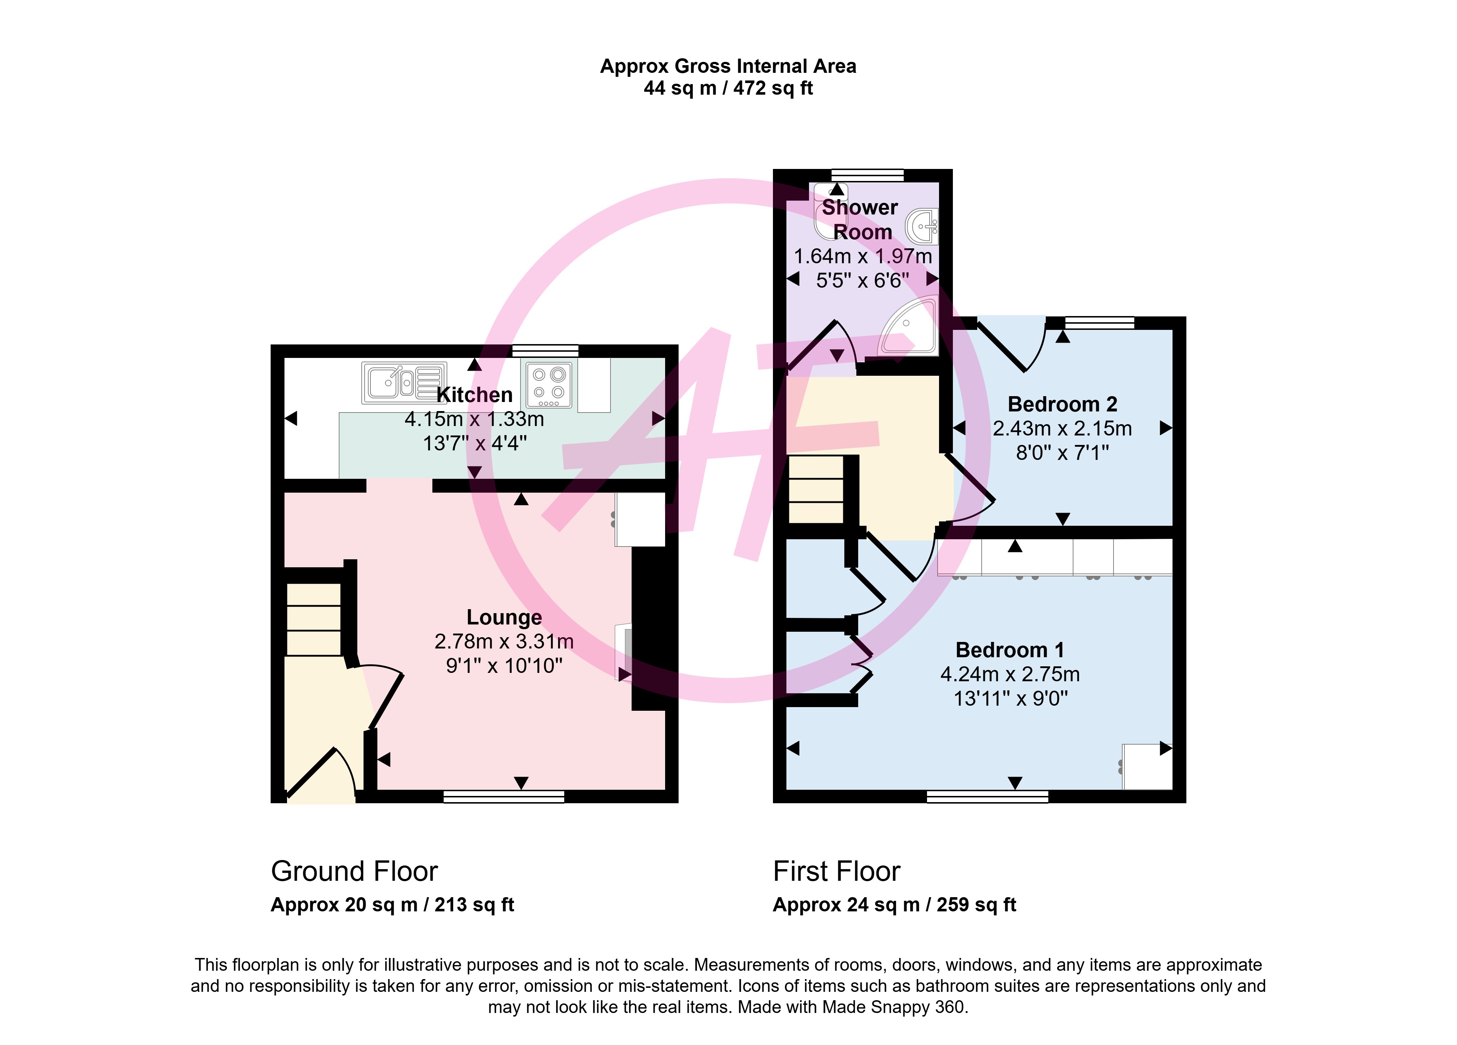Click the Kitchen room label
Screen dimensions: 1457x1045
point(474,394)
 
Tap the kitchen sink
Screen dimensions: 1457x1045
point(404,383)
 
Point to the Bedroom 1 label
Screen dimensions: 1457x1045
point(1010,650)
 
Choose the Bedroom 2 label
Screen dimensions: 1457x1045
point(1063,404)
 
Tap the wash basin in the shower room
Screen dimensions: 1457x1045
point(923,226)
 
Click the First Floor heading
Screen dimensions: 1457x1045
point(836,872)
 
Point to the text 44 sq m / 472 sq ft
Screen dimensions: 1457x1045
point(728,88)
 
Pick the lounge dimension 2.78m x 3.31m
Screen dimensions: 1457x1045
point(504,641)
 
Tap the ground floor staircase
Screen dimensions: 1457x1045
point(314,619)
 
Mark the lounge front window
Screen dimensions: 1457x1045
point(504,796)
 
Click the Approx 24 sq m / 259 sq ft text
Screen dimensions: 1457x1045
point(894,905)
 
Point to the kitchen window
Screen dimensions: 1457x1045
point(545,351)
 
